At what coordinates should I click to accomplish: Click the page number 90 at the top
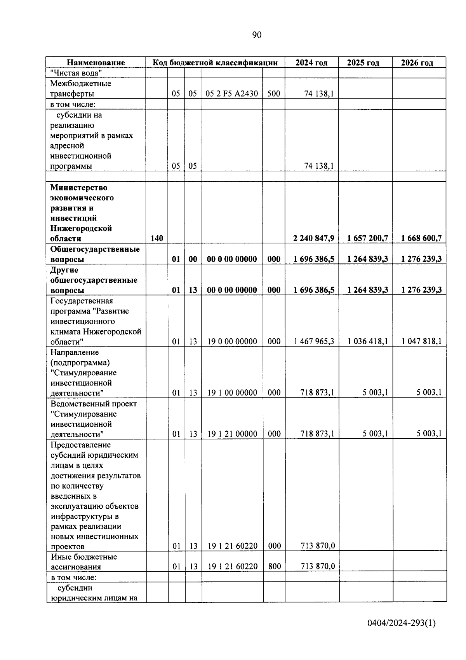pos(257,35)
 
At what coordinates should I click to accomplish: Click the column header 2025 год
pos(363,63)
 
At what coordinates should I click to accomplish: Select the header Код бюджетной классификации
pos(215,63)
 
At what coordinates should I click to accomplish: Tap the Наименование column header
pos(96,63)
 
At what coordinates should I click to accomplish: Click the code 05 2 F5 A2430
pos(232,94)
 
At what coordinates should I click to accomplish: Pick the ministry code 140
pos(156,238)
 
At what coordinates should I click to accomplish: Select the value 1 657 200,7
pos(367,238)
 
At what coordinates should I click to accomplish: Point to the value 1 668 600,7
pos(421,238)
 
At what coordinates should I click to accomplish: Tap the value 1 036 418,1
pos(367,341)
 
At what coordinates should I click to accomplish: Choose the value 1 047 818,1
pos(421,341)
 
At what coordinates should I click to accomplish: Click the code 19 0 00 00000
pos(232,341)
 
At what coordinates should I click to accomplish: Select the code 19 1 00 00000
pos(232,393)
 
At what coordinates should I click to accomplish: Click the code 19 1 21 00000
pos(232,434)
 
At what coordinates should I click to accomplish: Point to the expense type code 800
pos(274,566)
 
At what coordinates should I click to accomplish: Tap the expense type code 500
pos(273,94)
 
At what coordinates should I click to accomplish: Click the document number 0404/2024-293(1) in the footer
pos(402,623)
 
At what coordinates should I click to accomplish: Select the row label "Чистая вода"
pos(76,73)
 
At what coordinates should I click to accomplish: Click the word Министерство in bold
pos(79,187)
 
